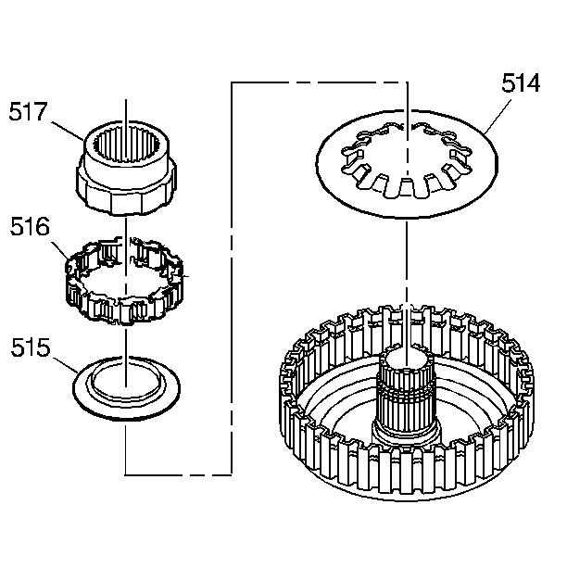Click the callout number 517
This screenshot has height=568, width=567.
click(x=29, y=111)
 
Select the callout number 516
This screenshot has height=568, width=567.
click(x=30, y=227)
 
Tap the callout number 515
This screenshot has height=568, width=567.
click(x=31, y=347)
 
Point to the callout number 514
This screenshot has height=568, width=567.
click(x=521, y=83)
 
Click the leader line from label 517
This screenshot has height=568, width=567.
click(x=68, y=132)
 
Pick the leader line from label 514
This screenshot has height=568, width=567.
click(x=498, y=117)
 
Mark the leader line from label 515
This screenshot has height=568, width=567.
click(x=66, y=365)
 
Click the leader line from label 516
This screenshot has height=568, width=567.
click(x=60, y=250)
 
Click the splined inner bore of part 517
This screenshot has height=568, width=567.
click(x=126, y=146)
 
